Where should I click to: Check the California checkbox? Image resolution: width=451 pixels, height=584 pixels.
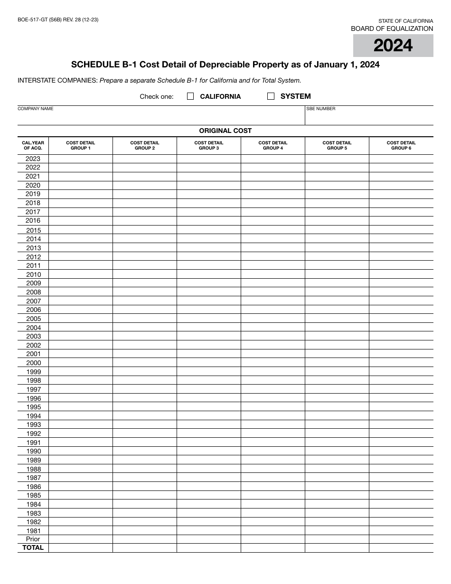click(x=190, y=96)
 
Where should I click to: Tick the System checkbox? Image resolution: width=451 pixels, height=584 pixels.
click(x=271, y=96)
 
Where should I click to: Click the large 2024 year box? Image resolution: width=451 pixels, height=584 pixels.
click(x=393, y=46)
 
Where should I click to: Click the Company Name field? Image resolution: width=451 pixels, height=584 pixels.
click(x=161, y=117)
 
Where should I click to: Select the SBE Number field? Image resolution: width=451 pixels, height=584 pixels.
click(x=369, y=117)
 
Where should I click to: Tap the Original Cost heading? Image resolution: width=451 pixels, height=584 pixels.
click(x=225, y=131)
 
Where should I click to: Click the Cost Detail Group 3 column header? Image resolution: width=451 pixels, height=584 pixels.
click(x=209, y=145)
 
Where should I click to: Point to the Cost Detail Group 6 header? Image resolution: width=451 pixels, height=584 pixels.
click(x=401, y=145)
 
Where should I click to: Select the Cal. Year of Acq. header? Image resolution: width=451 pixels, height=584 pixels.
click(x=33, y=145)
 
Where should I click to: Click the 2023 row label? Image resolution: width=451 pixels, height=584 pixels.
click(x=33, y=159)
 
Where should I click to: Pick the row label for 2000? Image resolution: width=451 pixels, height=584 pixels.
click(x=33, y=363)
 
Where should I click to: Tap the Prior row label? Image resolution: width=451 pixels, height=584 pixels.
click(x=33, y=539)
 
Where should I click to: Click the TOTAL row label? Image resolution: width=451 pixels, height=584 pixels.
click(x=33, y=548)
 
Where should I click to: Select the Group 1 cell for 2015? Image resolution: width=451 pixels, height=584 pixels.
click(x=81, y=230)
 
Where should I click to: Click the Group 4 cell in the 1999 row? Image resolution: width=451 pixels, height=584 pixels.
click(x=273, y=372)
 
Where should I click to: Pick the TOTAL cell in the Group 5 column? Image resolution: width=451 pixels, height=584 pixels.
click(x=337, y=548)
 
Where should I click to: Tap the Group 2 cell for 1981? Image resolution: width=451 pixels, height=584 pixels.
click(x=145, y=531)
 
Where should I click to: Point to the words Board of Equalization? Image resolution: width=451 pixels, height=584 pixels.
click(x=392, y=29)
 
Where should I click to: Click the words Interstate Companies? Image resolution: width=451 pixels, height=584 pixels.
click(x=57, y=81)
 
